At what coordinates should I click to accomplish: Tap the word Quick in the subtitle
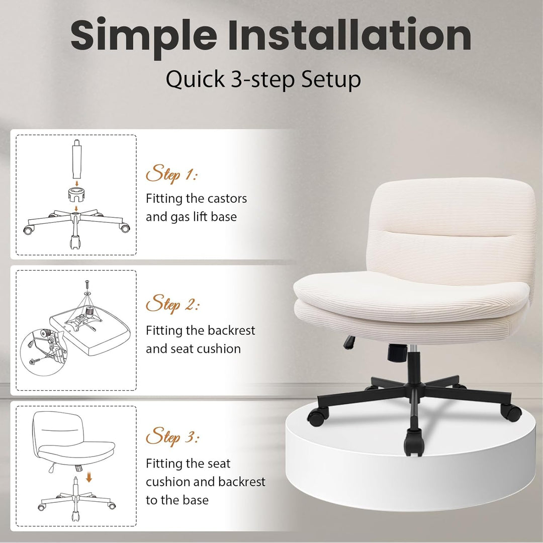(x=195, y=79)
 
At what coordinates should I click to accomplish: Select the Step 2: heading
(x=172, y=304)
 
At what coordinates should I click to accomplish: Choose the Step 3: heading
(x=172, y=436)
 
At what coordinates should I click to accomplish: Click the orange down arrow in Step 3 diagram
(x=89, y=478)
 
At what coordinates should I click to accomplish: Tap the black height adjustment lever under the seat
(x=349, y=342)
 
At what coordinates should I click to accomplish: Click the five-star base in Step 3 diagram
(x=76, y=499)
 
